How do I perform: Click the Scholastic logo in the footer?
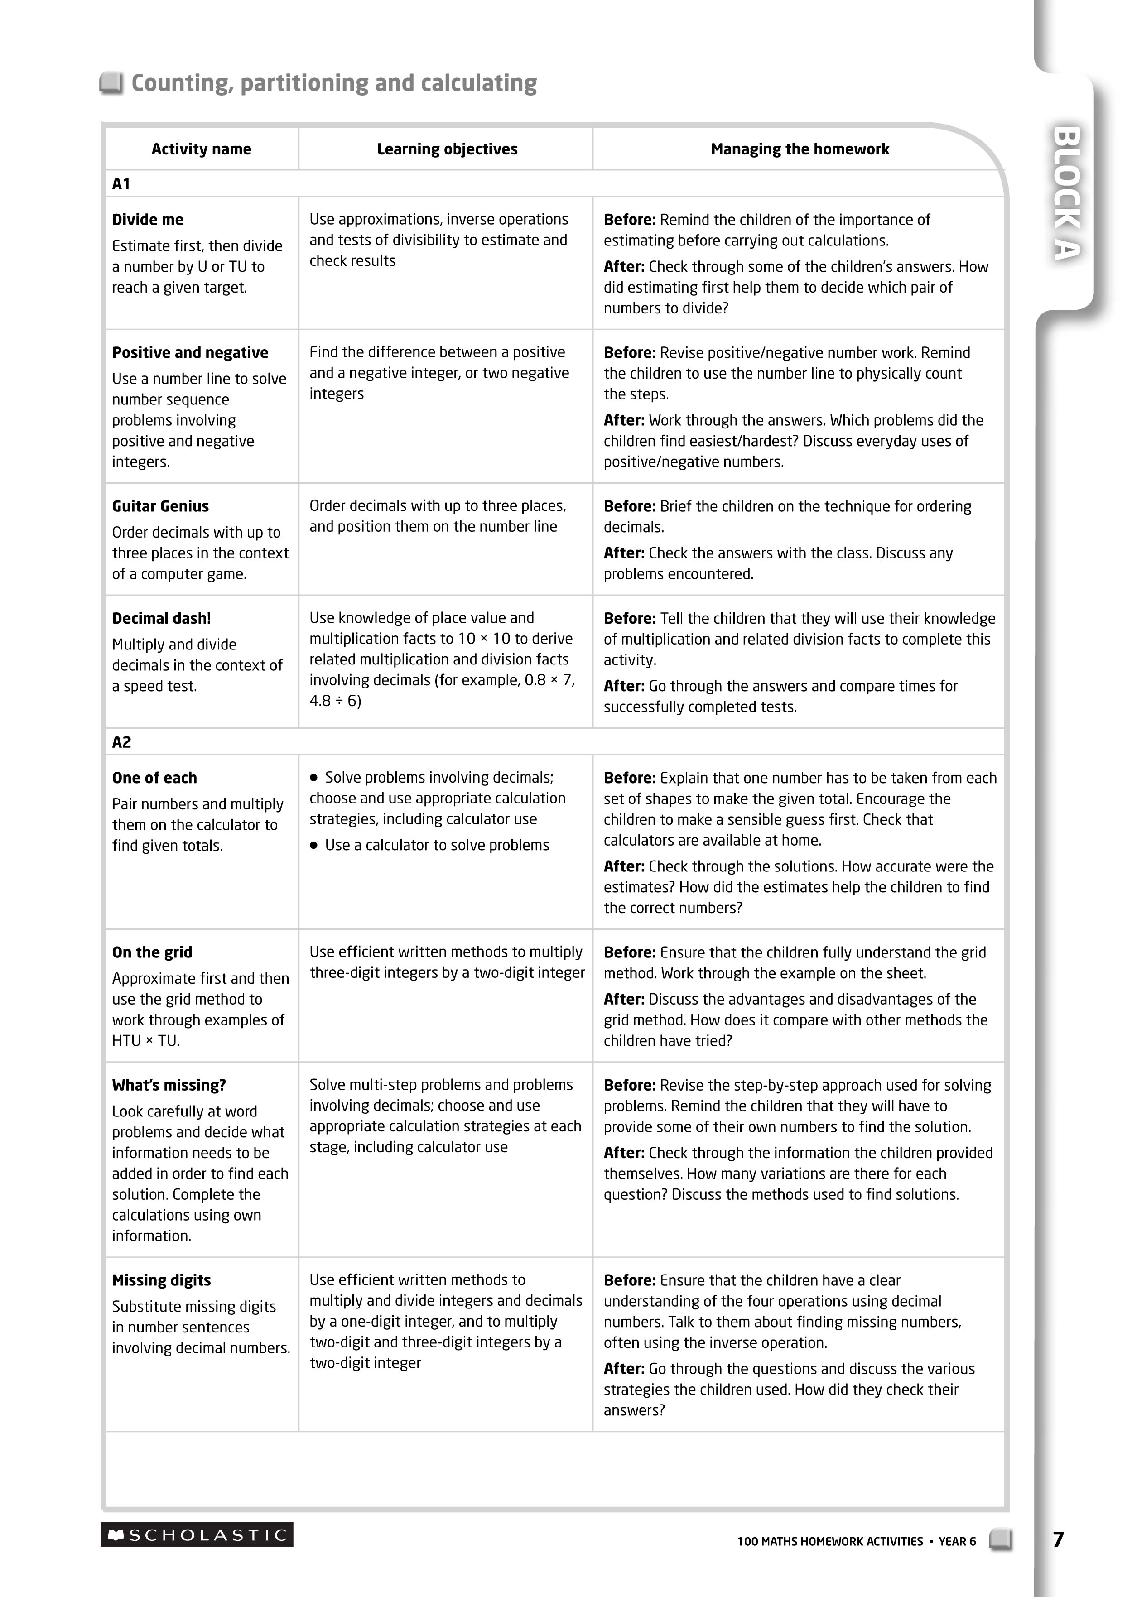(x=197, y=1534)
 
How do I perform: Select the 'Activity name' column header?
(x=202, y=149)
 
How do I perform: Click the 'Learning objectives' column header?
(x=447, y=149)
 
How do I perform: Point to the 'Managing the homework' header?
(x=800, y=149)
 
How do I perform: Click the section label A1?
(x=121, y=184)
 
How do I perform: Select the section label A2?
(x=121, y=742)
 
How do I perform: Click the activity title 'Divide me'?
(x=148, y=220)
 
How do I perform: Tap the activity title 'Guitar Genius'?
(x=160, y=506)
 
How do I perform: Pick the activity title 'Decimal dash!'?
(x=161, y=618)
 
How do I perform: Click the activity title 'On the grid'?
(x=152, y=952)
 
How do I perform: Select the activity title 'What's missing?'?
(x=169, y=1085)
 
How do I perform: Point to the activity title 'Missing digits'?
(x=161, y=1280)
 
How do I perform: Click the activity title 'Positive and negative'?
(x=190, y=352)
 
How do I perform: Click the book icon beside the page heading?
(x=111, y=83)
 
